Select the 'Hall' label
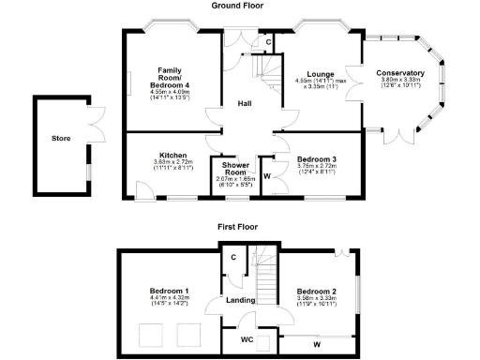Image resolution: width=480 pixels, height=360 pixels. click(244, 103)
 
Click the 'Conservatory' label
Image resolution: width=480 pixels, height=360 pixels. click(400, 73)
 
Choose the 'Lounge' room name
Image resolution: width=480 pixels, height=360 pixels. click(322, 73)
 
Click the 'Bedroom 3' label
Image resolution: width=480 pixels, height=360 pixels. click(321, 158)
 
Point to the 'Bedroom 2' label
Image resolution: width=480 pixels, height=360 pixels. click(315, 290)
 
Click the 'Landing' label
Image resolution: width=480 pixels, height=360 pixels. click(242, 300)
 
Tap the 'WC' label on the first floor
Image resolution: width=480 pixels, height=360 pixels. click(247, 339)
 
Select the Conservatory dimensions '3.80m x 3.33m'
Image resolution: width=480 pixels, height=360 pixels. click(400, 81)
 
